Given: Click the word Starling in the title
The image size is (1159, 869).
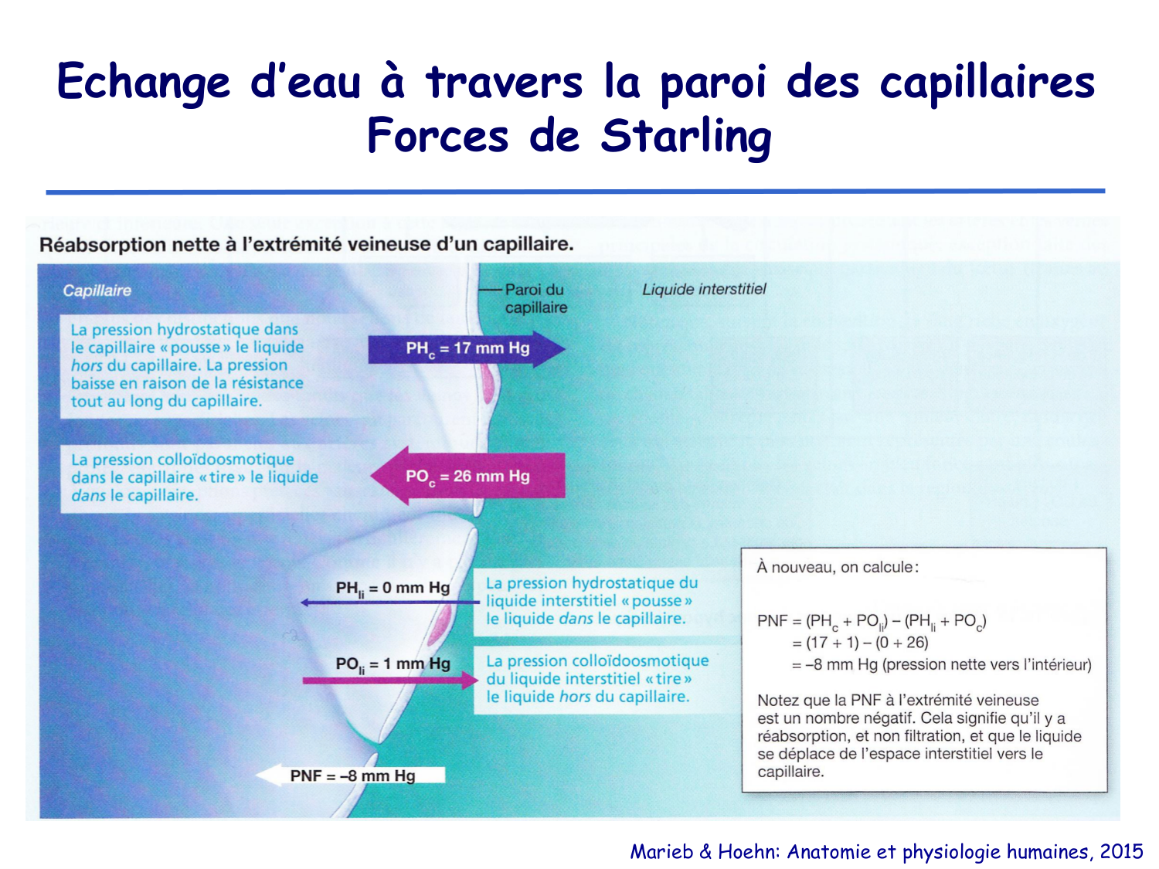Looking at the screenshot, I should coord(685,137).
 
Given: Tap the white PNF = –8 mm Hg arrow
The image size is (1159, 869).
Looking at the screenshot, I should coord(352,775).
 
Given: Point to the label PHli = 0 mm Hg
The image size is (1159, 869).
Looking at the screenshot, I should coord(393,589).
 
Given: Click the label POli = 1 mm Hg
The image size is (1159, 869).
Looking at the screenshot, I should coord(393,664).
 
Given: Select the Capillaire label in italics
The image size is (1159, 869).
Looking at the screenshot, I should coord(97,291).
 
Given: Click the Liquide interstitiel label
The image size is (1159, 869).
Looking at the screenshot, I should coord(704,290).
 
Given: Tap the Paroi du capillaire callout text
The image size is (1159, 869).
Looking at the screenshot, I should coord(535,298).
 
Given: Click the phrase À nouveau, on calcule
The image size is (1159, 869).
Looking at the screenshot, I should coord(837,568).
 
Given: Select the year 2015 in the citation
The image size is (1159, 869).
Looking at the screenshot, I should coord(1121,851).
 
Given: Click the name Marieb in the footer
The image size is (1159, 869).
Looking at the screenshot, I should coord(661,851).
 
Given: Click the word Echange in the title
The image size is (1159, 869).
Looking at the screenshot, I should coord(144,82).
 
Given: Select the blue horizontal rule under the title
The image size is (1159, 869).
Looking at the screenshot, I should coord(575,191).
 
